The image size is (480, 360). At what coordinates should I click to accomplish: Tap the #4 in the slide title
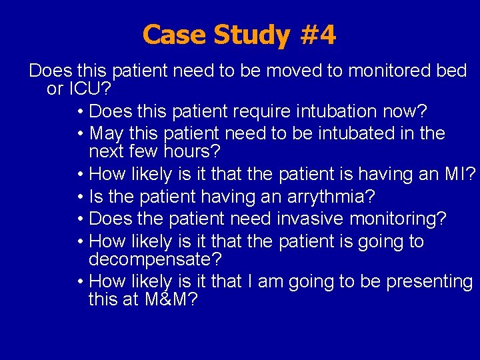click(x=318, y=35)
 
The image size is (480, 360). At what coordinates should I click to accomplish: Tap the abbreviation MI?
click(x=460, y=175)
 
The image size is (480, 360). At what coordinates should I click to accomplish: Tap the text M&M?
click(x=171, y=299)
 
